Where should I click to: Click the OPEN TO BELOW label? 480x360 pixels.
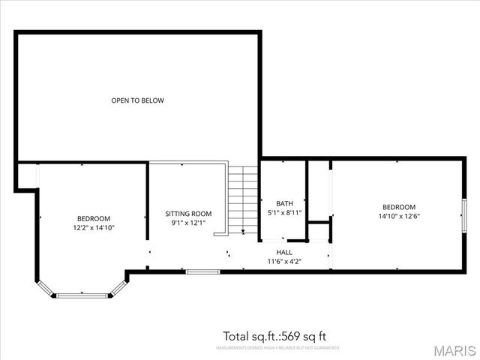click(137, 100)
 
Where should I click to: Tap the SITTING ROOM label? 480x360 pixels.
click(188, 214)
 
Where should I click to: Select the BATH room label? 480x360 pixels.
click(284, 203)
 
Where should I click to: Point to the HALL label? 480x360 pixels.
click(284, 253)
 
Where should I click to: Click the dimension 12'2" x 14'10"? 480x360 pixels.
click(94, 227)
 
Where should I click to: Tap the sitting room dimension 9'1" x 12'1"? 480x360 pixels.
click(188, 223)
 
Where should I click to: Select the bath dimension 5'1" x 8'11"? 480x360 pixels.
click(284, 213)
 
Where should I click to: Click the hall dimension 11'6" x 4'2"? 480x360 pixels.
click(284, 262)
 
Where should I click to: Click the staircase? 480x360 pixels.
click(243, 199)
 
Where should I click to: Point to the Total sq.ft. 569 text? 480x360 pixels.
click(274, 336)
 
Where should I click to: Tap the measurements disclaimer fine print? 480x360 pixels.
click(277, 348)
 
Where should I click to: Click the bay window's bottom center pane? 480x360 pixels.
click(82, 295)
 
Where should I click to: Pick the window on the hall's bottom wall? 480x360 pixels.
click(202, 271)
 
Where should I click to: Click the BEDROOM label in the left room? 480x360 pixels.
click(94, 218)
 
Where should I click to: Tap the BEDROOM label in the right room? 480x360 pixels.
click(398, 207)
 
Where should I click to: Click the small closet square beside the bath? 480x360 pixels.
click(319, 230)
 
